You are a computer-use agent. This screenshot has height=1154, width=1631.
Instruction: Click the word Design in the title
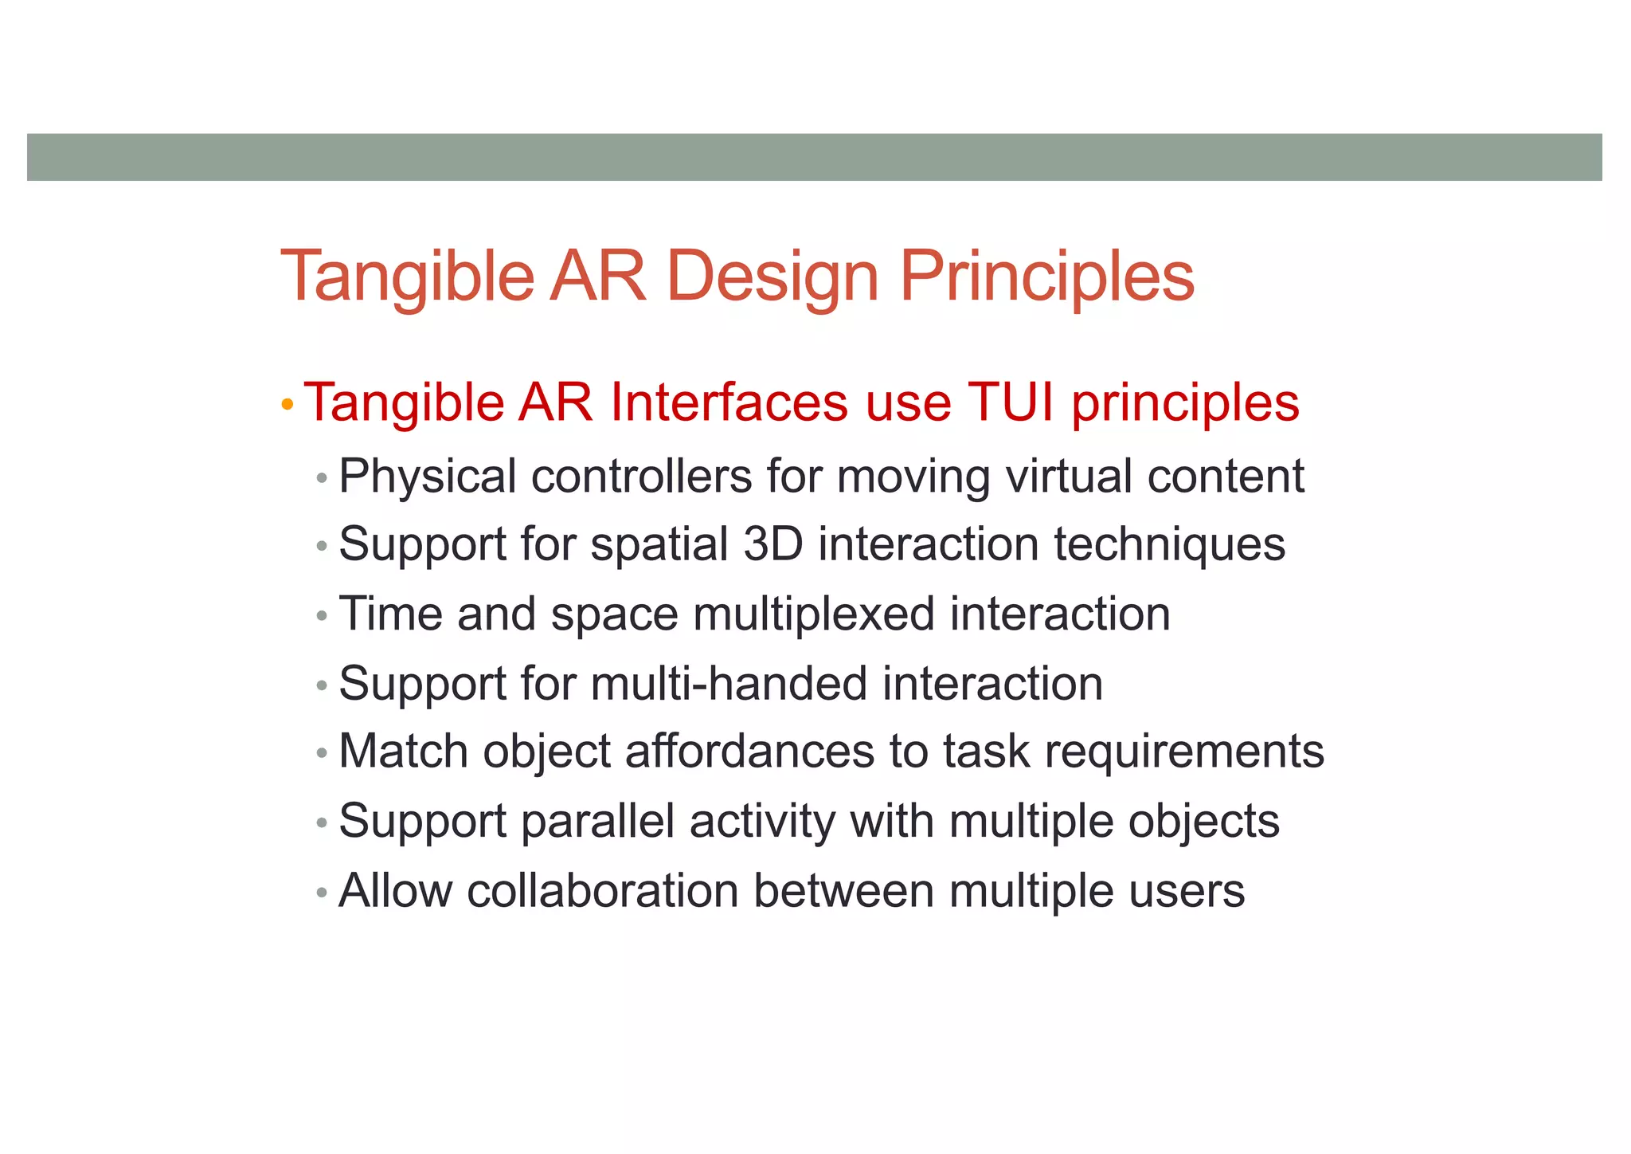772,277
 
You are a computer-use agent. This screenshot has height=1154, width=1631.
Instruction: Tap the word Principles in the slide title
1046,277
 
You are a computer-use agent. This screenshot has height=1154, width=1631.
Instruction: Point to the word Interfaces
729,402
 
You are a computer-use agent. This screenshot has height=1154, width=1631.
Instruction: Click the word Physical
428,477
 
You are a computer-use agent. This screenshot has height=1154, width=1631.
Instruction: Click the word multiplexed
813,615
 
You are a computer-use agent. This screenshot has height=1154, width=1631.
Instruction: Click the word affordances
749,752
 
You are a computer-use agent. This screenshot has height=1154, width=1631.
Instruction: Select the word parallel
598,822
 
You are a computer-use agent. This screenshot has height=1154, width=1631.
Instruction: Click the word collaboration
603,891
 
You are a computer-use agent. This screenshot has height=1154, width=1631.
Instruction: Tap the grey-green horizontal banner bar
814,157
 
